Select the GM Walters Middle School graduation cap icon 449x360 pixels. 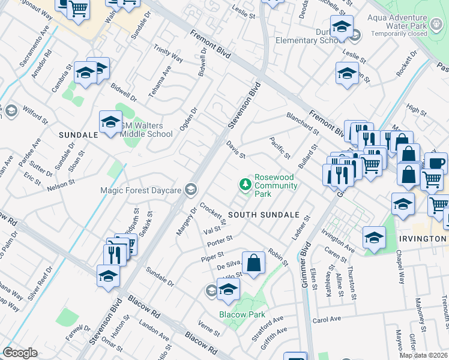coord(110,122)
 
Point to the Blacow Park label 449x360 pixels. coord(241,314)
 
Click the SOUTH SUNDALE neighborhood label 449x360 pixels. coord(263,214)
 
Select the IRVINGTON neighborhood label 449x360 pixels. coord(423,238)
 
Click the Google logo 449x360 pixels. coord(20,352)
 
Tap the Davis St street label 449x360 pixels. coord(236,149)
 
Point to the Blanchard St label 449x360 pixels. coord(302,123)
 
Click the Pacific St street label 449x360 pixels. coord(280,148)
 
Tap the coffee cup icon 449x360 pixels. coord(436,163)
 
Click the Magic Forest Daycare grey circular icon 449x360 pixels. coord(191,190)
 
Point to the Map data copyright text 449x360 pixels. coord(423,355)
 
